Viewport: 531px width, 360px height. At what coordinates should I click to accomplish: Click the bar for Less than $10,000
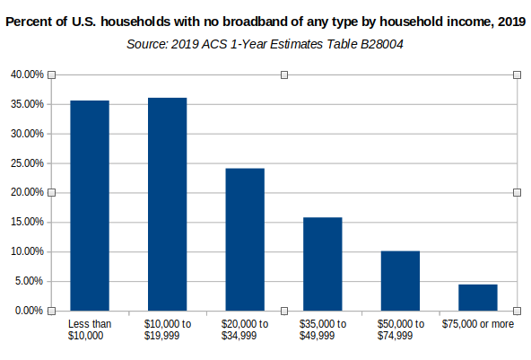point(90,206)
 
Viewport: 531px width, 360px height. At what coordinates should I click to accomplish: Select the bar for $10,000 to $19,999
point(168,204)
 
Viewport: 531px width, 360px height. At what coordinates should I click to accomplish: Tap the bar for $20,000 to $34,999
point(245,240)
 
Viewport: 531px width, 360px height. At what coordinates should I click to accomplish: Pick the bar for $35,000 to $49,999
point(323,264)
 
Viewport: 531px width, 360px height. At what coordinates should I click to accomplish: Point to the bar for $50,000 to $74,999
point(400,281)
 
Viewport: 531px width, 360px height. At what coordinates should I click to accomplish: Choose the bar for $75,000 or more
point(478,297)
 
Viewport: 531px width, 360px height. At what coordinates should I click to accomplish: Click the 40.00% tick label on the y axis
point(27,75)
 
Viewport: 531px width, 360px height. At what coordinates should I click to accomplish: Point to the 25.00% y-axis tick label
point(27,163)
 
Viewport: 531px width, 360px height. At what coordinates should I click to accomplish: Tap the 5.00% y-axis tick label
point(29,281)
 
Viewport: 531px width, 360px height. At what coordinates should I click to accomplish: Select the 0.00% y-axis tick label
point(29,311)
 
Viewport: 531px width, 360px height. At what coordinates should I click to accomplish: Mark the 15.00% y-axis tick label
point(27,222)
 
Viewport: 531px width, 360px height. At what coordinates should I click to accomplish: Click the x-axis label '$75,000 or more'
point(478,324)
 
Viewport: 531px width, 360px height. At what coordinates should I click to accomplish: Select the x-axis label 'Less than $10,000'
point(90,329)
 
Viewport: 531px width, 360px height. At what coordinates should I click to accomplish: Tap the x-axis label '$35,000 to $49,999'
point(323,329)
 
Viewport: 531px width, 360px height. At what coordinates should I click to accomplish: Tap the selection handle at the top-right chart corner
point(517,75)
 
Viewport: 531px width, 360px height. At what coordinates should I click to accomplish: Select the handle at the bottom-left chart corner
point(51,311)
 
